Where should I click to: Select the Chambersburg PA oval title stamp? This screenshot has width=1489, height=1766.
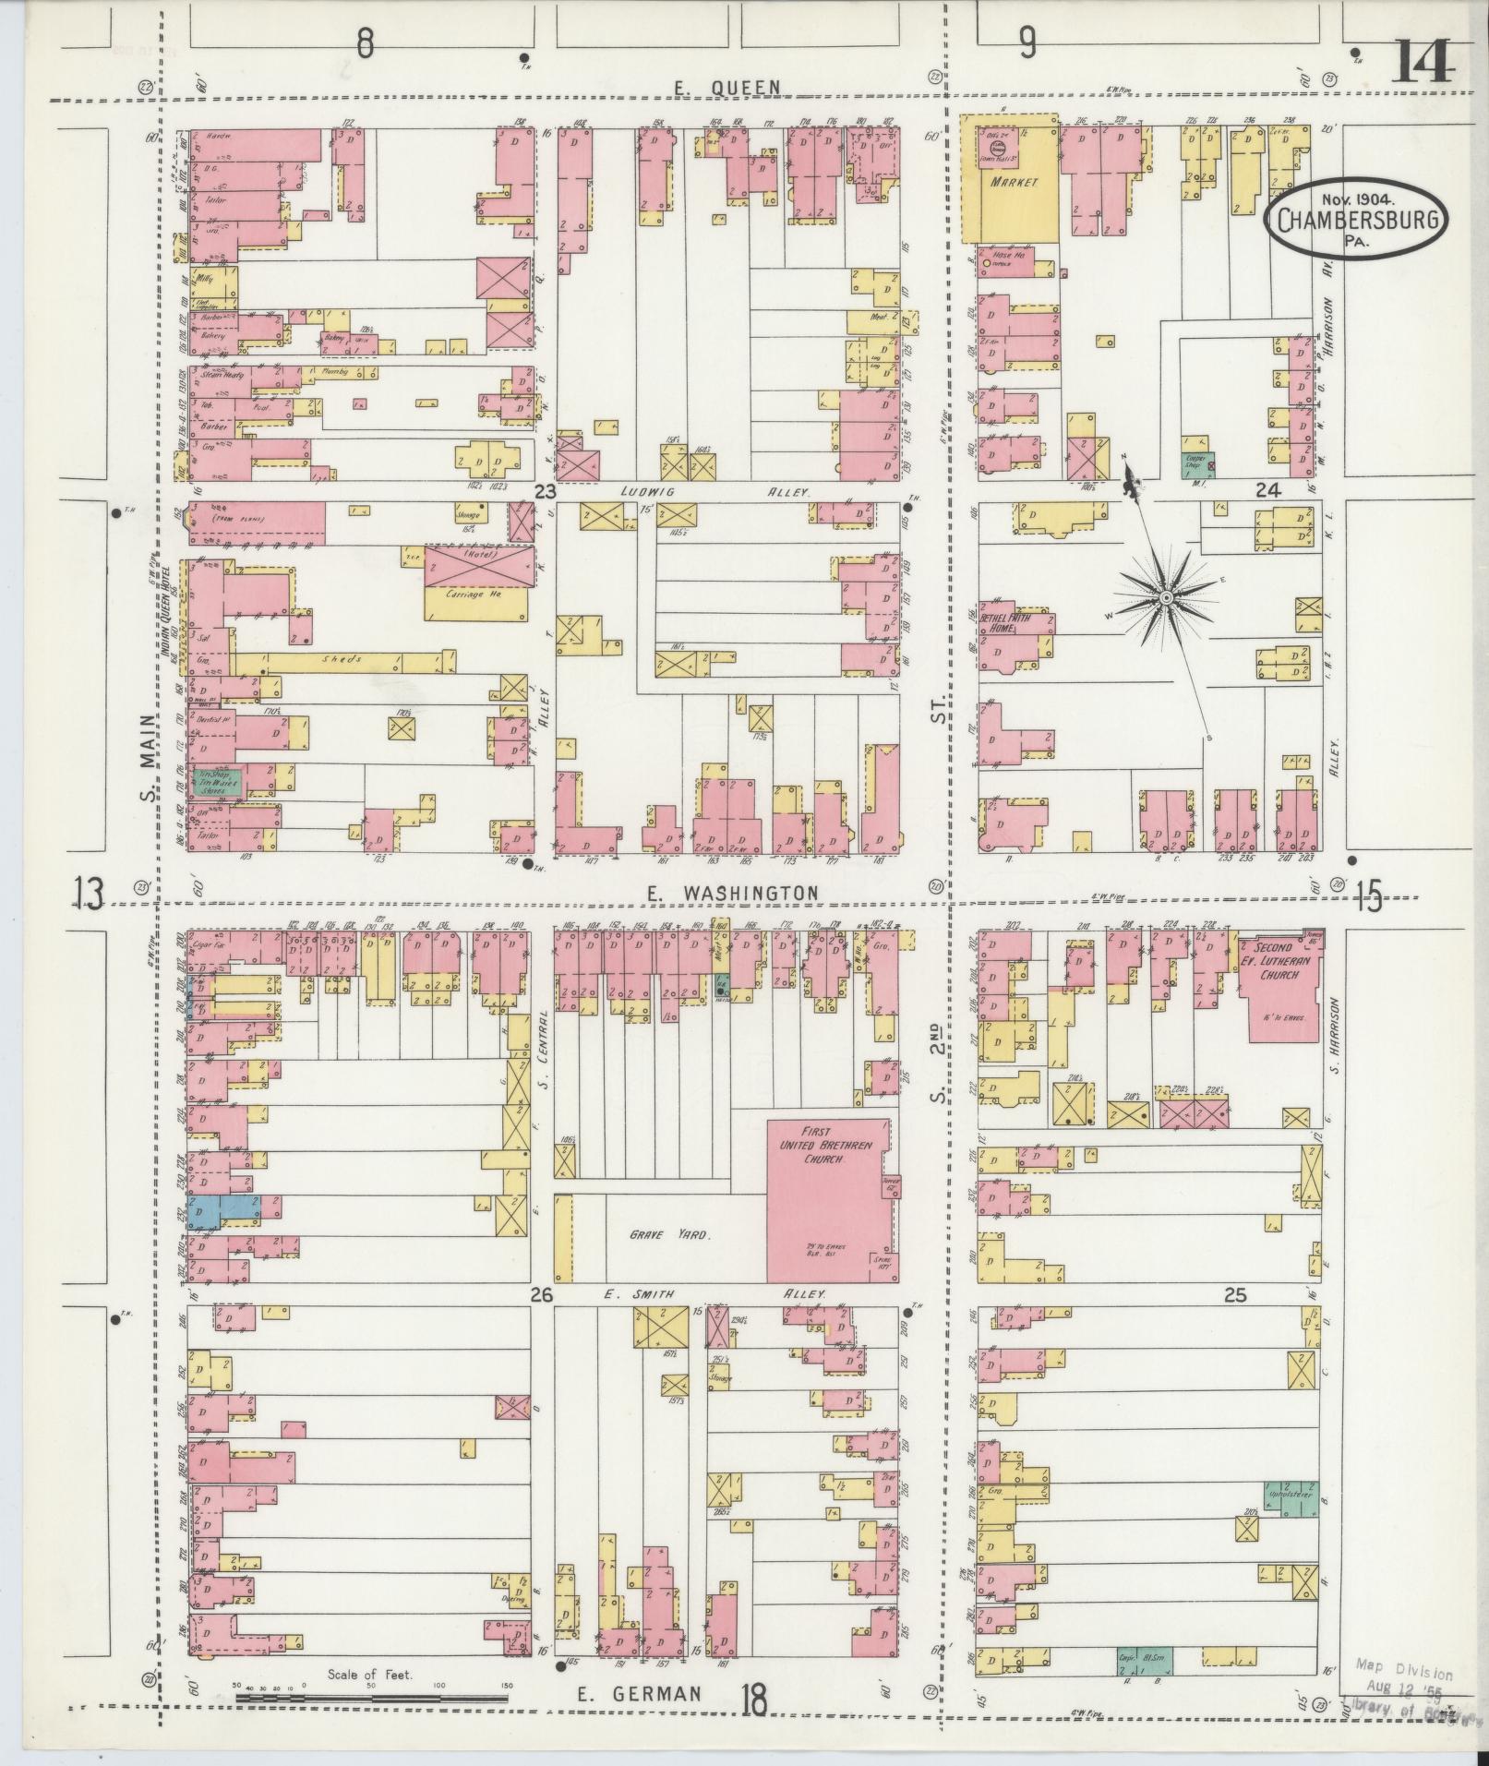[x=1356, y=219]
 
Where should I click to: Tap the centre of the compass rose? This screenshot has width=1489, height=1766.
[x=1166, y=599]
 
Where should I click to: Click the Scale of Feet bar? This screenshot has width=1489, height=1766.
[x=373, y=1697]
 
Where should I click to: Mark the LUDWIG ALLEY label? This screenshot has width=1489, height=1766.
[x=718, y=493]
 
